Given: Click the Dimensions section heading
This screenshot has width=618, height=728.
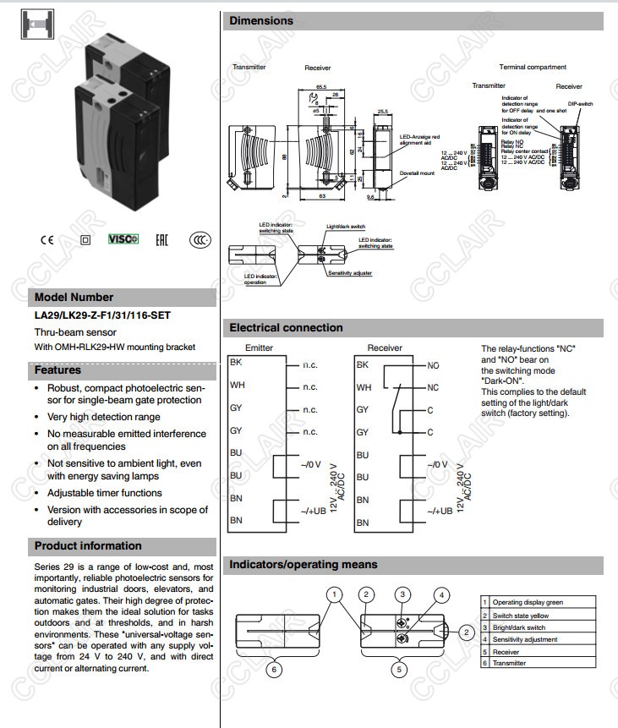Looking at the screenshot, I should tap(261, 20).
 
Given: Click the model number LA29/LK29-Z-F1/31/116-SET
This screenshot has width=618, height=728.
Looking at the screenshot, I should tap(102, 315).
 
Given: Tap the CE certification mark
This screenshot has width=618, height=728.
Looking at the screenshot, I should tap(46, 239).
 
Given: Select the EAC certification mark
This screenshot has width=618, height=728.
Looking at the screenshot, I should tap(161, 239).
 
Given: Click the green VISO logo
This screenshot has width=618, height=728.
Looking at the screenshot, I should tap(123, 239).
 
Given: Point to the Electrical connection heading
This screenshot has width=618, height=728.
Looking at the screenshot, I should tap(287, 327).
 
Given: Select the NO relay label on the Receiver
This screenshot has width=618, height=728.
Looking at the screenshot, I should tap(433, 365).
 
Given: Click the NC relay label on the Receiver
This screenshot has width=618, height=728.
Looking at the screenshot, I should tap(433, 387).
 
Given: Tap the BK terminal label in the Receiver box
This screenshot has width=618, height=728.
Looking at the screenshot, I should tap(363, 364).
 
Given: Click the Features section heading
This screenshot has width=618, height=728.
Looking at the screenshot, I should tap(57, 369).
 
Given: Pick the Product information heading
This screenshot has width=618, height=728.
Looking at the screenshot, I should tap(88, 545).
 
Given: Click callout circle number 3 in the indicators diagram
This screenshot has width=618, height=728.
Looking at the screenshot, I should tap(403, 595).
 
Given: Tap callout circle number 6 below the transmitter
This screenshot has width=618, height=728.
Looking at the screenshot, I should tap(273, 669).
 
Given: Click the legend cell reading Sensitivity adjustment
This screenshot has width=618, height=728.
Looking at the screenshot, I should tap(524, 639).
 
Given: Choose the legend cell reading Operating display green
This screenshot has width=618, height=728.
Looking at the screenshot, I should tap(528, 602).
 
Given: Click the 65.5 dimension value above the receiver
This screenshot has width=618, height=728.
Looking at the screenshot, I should tap(321, 86).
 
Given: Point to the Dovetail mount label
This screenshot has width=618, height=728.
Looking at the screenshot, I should tap(417, 173).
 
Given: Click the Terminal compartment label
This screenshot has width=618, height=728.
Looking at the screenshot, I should tap(533, 67).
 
